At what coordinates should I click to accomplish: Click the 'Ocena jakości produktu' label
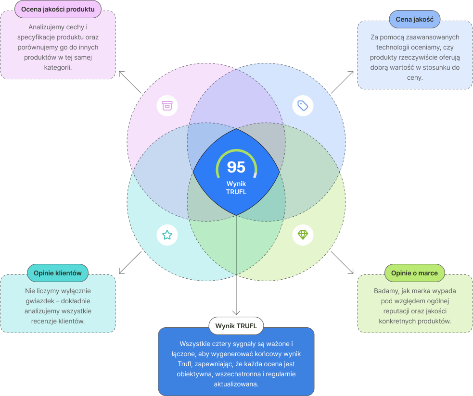[x=58, y=9]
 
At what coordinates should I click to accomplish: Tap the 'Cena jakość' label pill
[x=414, y=20]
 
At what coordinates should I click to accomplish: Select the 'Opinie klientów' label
[x=58, y=273]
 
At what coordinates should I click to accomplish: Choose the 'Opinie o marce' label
[x=414, y=273]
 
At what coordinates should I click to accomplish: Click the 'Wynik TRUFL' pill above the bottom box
[x=236, y=326]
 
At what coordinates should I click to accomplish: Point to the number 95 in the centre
[x=236, y=167]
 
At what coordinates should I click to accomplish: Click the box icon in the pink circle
[x=167, y=106]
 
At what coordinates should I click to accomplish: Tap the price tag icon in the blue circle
[x=303, y=105]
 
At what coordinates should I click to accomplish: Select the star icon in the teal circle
[x=167, y=235]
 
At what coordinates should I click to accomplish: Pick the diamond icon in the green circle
[x=303, y=235]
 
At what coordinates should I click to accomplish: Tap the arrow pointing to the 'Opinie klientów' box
[x=129, y=262]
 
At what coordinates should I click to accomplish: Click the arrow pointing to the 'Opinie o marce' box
[x=343, y=262]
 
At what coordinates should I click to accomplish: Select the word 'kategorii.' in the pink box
[x=58, y=67]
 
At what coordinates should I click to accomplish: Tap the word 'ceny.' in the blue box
[x=414, y=77]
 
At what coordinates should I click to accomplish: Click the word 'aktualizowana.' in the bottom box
[x=236, y=384]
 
